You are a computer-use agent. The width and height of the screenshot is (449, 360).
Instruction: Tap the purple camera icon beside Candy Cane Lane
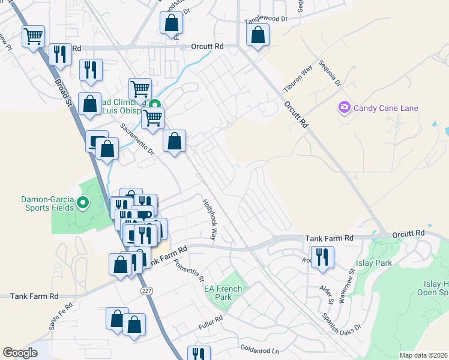click(x=345, y=108)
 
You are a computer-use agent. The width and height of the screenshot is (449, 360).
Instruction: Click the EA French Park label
click(x=223, y=293)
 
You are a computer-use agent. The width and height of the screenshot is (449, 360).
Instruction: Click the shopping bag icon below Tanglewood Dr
click(x=258, y=36)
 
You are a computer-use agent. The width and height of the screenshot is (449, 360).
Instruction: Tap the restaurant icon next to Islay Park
click(x=322, y=257)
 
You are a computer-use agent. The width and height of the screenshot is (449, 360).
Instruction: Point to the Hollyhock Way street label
click(x=209, y=220)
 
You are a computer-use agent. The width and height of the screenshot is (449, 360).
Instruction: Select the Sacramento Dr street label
click(x=137, y=139)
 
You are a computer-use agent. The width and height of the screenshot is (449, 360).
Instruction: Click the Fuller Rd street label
click(x=211, y=327)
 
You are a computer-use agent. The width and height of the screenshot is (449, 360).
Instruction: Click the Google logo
click(x=20, y=353)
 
